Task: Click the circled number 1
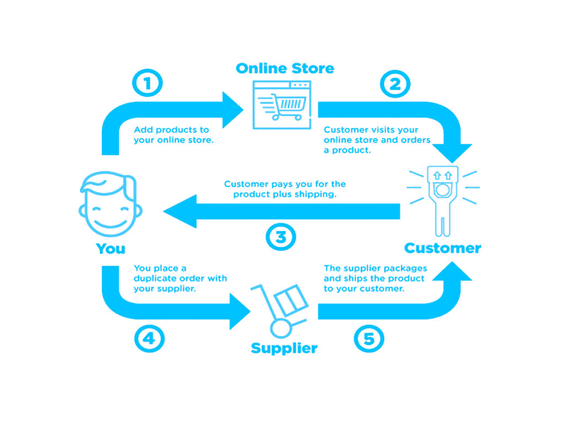(148, 84)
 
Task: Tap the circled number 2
(395, 84)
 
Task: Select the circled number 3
(281, 237)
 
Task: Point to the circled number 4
(149, 338)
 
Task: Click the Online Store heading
(285, 68)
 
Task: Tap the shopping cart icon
(281, 105)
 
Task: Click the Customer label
(442, 248)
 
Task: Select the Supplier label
(284, 348)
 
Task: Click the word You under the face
(111, 248)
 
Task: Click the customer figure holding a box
(443, 196)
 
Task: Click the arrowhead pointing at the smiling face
(179, 211)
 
